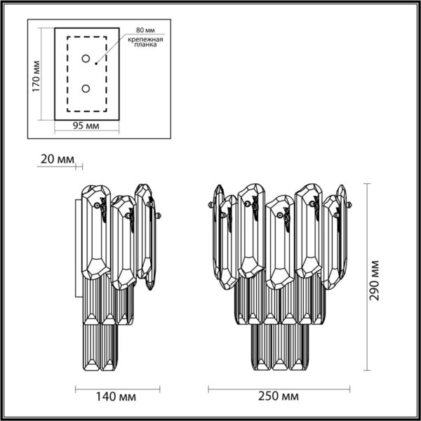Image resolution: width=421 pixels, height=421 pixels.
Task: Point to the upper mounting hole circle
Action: tap(86, 59)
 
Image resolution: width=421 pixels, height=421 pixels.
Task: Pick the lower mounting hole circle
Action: tap(86, 88)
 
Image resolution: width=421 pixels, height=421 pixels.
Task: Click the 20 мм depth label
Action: tap(56, 160)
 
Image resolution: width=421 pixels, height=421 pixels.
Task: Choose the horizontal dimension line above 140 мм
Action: tap(118, 385)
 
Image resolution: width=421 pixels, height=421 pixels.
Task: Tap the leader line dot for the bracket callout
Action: tap(96, 62)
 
